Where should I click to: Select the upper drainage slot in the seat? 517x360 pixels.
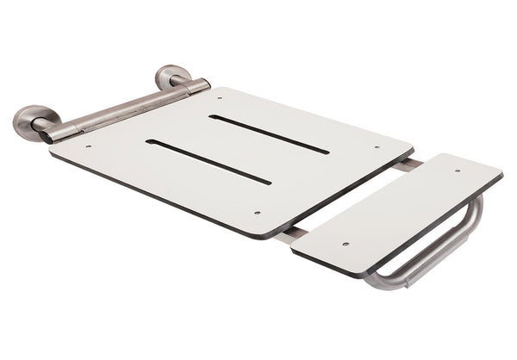[x=269, y=134]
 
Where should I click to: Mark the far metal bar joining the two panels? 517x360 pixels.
[x=412, y=162]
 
